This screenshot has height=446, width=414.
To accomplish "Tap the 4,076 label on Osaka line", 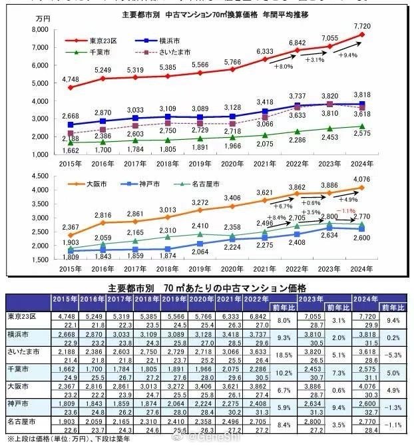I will click(x=363, y=178).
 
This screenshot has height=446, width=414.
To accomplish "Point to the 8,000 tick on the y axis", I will click(x=39, y=31).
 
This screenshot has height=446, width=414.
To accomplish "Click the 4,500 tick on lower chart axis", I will click(x=39, y=177).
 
